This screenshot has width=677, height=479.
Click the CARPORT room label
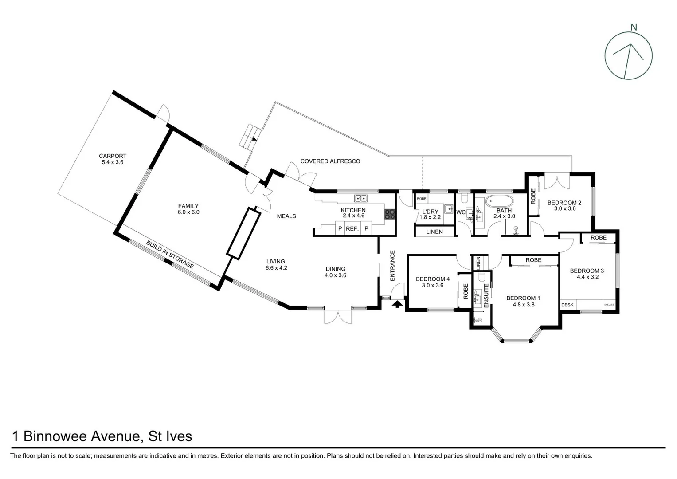[113, 159]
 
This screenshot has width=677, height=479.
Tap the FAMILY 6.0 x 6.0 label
[188, 209]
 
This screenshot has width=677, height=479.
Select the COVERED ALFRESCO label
[330, 161]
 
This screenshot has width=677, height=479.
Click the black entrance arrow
[397, 304]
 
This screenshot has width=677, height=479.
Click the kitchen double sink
[360, 198]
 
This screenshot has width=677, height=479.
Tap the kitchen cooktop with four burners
[389, 214]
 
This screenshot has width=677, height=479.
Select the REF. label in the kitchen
[352, 229]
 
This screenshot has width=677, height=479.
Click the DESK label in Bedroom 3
[567, 305]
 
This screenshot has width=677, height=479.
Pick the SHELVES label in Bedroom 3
[609, 305]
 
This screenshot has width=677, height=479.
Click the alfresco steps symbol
[248, 137]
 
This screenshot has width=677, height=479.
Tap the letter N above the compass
[634, 27]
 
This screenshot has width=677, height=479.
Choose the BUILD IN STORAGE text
[170, 255]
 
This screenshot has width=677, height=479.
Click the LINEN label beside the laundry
[434, 232]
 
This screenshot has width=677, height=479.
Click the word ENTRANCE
[392, 265]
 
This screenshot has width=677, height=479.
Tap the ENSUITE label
[486, 296]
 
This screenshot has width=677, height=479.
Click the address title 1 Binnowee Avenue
[102, 436]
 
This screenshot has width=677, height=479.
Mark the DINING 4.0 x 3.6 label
[335, 272]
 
